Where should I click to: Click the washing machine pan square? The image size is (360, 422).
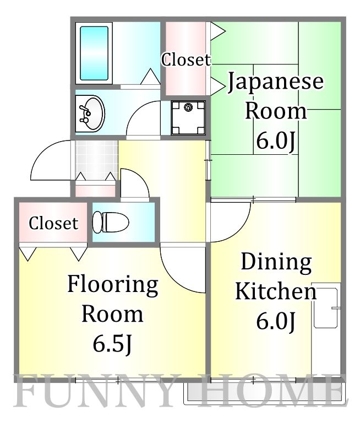point(188,117)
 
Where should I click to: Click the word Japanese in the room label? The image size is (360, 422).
point(276,83)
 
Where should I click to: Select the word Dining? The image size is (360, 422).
point(276,262)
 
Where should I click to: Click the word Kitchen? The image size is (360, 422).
point(276,291)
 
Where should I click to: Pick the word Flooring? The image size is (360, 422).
point(113,285)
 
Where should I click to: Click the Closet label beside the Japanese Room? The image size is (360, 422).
point(186,59)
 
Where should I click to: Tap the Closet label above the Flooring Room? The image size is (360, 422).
point(53,223)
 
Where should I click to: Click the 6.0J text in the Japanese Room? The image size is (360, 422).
point(276,141)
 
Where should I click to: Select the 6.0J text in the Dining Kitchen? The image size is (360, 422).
point(276,321)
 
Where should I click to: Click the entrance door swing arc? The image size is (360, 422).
point(51,161)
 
